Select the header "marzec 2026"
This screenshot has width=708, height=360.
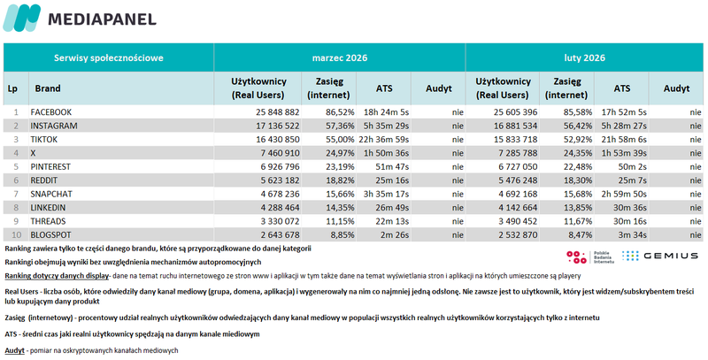click(x=340, y=58)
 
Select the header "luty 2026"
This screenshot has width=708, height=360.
click(x=584, y=58)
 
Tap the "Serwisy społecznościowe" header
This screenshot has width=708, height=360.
click(x=108, y=58)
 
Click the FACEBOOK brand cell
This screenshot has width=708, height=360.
click(x=50, y=113)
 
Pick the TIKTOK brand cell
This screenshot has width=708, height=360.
click(x=46, y=140)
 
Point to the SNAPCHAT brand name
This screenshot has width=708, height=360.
click(x=51, y=193)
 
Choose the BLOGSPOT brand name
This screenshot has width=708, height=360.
click(x=51, y=234)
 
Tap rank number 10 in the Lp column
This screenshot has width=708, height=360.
click(x=13, y=234)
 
